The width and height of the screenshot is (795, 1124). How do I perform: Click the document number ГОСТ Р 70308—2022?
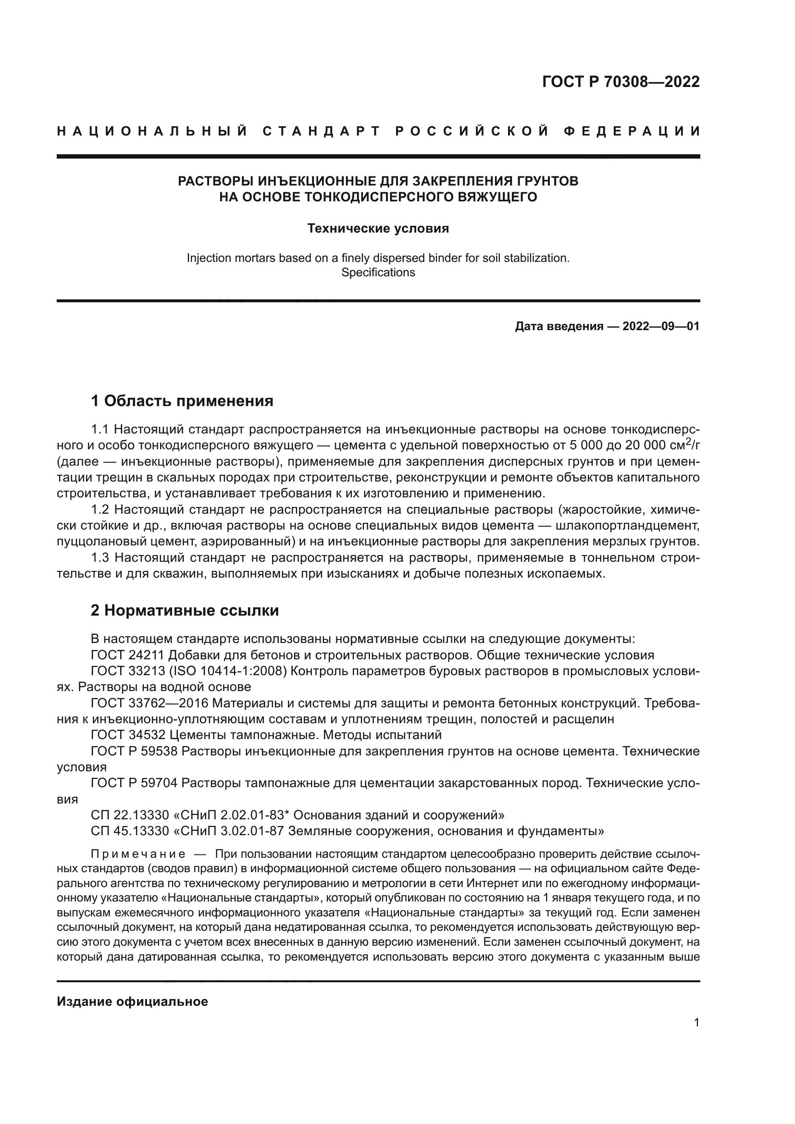pos(621,82)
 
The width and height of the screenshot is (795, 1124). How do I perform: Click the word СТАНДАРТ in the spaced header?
pos(322,131)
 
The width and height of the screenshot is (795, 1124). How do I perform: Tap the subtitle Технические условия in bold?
pos(378,229)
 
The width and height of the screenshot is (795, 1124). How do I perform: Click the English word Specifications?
pos(378,272)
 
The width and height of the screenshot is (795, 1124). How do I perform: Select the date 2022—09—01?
pos(661,326)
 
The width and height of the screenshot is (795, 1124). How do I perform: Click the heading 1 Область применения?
pos(182,401)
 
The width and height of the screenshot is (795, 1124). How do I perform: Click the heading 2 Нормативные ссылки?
pos(185,610)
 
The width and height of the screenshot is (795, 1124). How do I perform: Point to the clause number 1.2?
pos(99,510)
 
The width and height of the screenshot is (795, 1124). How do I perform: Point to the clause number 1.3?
pos(99,557)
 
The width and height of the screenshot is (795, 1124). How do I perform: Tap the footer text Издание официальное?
pos(132,1001)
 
